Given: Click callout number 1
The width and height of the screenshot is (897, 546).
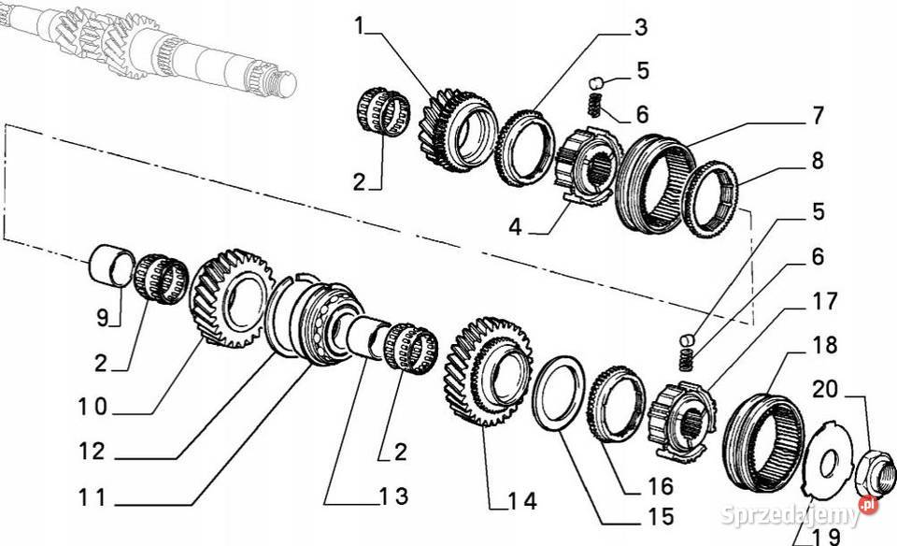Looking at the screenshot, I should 359,26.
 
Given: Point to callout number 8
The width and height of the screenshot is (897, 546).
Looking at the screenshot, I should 817,160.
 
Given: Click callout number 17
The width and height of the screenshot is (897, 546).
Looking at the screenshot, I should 824,302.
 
